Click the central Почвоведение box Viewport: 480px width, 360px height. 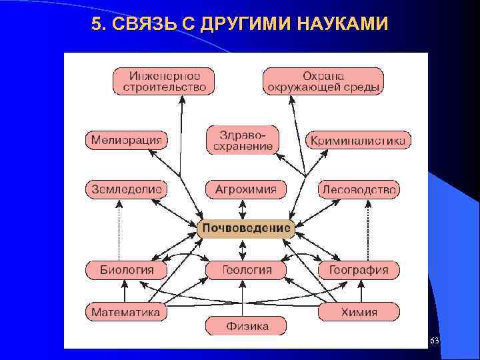pyautogui.click(x=247, y=229)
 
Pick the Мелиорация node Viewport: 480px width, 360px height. pyautogui.click(x=126, y=141)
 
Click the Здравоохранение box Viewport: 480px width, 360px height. pyautogui.click(x=243, y=140)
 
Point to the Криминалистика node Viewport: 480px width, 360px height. pyautogui.click(x=358, y=141)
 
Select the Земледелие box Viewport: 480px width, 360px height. pyautogui.click(x=125, y=189)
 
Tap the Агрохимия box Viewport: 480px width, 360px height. pyautogui.click(x=245, y=189)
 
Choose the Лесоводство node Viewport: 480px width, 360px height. pyautogui.click(x=359, y=189)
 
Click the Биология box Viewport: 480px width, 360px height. pyautogui.click(x=127, y=270)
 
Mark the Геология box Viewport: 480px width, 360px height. pyautogui.click(x=247, y=270)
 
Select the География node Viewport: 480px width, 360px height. pyautogui.click(x=359, y=270)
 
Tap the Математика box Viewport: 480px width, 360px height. pyautogui.click(x=126, y=311)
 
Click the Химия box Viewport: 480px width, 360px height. pyautogui.click(x=360, y=311)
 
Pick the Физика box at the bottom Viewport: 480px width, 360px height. pyautogui.click(x=247, y=327)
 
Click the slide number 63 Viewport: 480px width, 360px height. pyautogui.click(x=435, y=341)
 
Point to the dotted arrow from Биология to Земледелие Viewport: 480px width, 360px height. pyautogui.click(x=119, y=230)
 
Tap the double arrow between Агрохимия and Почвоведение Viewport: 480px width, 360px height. pyautogui.click(x=243, y=209)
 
